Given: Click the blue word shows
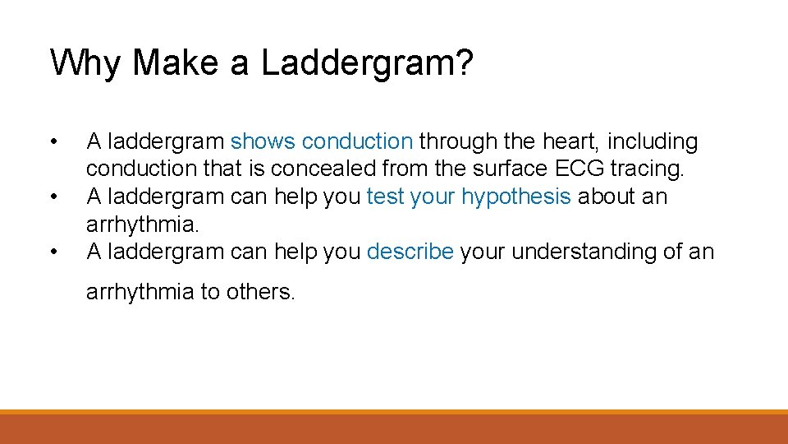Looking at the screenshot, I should pyautogui.click(x=263, y=142).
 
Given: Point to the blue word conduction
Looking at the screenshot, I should pyautogui.click(x=357, y=142).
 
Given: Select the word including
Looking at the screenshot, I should pyautogui.click(x=653, y=142).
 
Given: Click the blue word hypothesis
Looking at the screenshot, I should pyautogui.click(x=515, y=197).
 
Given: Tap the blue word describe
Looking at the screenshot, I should pyautogui.click(x=410, y=252).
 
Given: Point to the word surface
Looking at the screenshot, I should pyautogui.click(x=506, y=169).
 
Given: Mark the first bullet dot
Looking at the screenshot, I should pyautogui.click(x=53, y=142).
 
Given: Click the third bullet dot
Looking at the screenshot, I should pyautogui.click(x=53, y=252).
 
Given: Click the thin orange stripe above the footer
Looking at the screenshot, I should pyautogui.click(x=394, y=412).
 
